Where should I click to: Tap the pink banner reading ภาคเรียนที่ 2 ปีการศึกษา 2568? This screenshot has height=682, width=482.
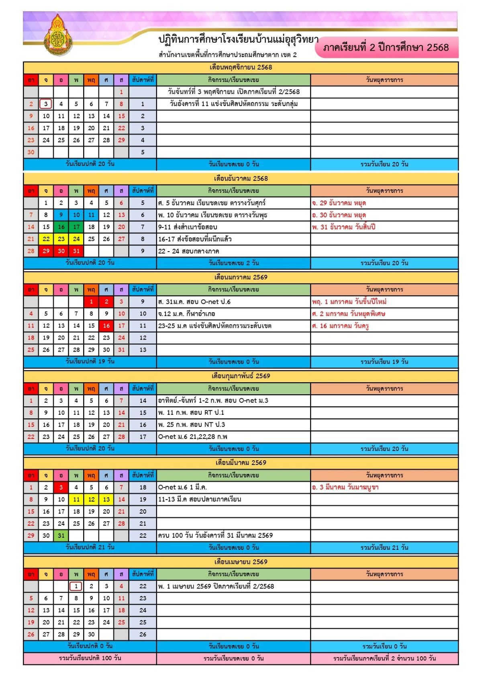pos(386,47)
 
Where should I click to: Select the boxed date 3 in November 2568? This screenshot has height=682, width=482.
pos(46,104)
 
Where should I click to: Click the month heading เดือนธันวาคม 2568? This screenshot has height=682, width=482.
pos(241,178)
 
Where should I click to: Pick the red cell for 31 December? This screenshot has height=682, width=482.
pos(76,251)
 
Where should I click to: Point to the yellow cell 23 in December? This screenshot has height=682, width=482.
pos(61,239)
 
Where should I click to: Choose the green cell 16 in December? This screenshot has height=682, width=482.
pos(61,227)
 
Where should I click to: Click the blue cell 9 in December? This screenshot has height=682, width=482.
pos(61,215)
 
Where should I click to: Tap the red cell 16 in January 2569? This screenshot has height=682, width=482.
pos(106,326)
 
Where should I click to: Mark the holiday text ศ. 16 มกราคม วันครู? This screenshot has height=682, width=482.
pos(340,326)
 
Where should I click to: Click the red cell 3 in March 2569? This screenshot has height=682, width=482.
pos(61,487)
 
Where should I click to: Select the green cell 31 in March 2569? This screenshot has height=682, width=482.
pos(61,536)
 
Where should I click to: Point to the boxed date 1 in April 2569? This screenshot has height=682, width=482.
pos(76,586)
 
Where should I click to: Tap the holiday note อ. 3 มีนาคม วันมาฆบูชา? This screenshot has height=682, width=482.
pos(345,487)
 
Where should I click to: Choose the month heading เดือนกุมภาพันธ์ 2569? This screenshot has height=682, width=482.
pos(241,376)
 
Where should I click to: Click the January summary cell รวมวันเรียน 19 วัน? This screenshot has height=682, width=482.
pos(384,362)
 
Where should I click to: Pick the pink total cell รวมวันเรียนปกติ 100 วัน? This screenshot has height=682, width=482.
pos(90,658)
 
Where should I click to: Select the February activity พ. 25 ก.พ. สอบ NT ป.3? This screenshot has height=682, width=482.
pos(192,425)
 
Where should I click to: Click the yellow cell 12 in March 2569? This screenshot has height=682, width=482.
pos(91,500)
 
